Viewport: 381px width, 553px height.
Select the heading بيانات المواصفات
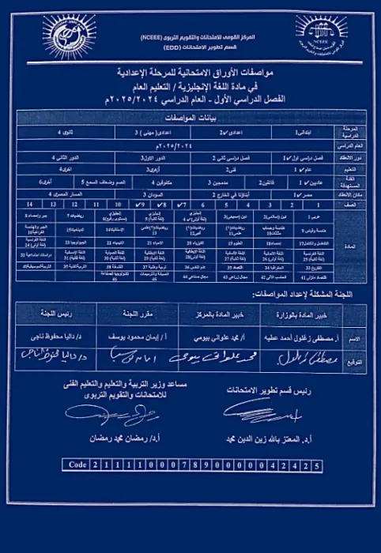190,115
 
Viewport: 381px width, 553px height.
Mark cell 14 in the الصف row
28,203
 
